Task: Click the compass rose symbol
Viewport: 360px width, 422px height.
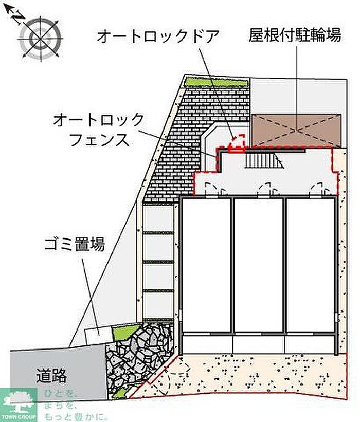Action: pos(40,37)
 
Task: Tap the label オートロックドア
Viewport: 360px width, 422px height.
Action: pos(158,36)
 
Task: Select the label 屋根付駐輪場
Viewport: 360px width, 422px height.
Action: pos(295,35)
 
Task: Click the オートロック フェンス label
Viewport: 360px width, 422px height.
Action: pos(99,130)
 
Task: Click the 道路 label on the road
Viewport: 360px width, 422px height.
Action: pos(51,376)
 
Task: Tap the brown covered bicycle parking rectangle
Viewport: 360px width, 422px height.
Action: pos(296,130)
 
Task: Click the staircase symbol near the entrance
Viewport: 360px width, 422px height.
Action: pos(264,160)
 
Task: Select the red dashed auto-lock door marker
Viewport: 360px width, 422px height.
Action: pos(237,144)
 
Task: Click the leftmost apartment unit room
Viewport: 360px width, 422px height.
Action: pos(206,265)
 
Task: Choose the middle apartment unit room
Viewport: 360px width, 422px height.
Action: pos(259,265)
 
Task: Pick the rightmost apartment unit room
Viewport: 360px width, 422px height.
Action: pos(311,265)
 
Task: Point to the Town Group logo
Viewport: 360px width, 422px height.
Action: pos(19,404)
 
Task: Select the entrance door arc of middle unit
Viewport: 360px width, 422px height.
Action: pos(265,189)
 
